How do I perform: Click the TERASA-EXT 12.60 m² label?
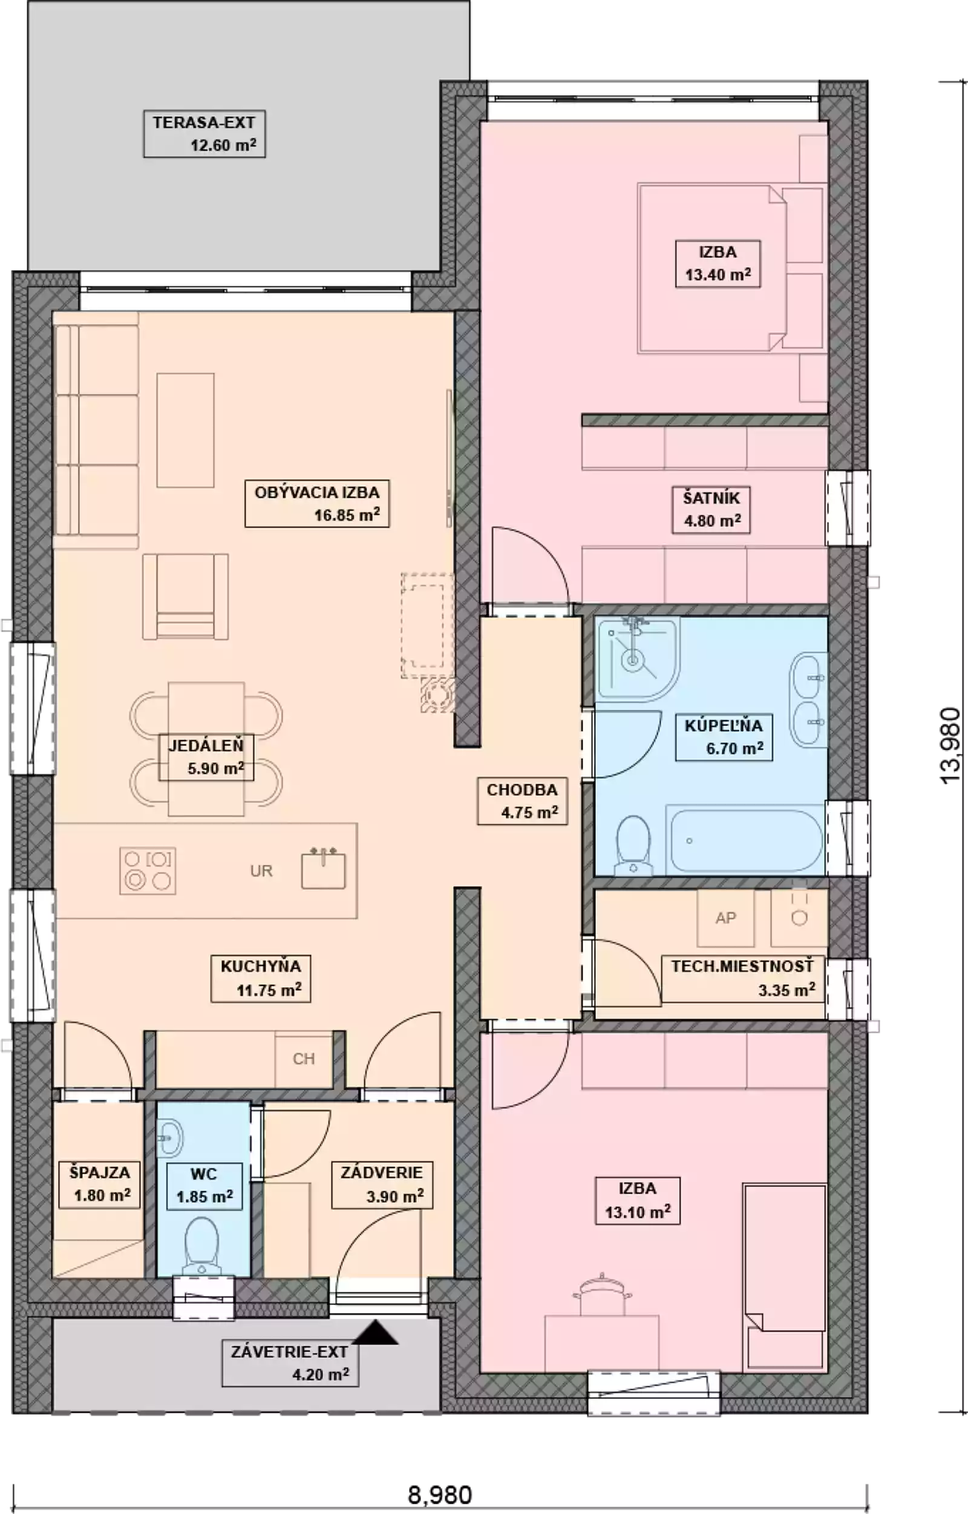click(x=204, y=134)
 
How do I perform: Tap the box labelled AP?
click(x=725, y=917)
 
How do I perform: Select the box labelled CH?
click(x=304, y=1059)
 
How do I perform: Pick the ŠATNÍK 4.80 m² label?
click(x=711, y=509)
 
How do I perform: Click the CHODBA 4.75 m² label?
click(x=522, y=801)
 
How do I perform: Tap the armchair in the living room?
click(x=185, y=597)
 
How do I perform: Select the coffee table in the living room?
click(x=185, y=430)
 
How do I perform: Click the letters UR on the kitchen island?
click(x=261, y=871)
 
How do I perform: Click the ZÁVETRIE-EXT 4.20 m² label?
click(x=290, y=1363)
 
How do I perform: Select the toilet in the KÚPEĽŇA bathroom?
click(x=633, y=845)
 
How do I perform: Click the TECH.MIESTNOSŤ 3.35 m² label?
click(x=742, y=979)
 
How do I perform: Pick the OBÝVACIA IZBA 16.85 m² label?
click(x=317, y=504)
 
